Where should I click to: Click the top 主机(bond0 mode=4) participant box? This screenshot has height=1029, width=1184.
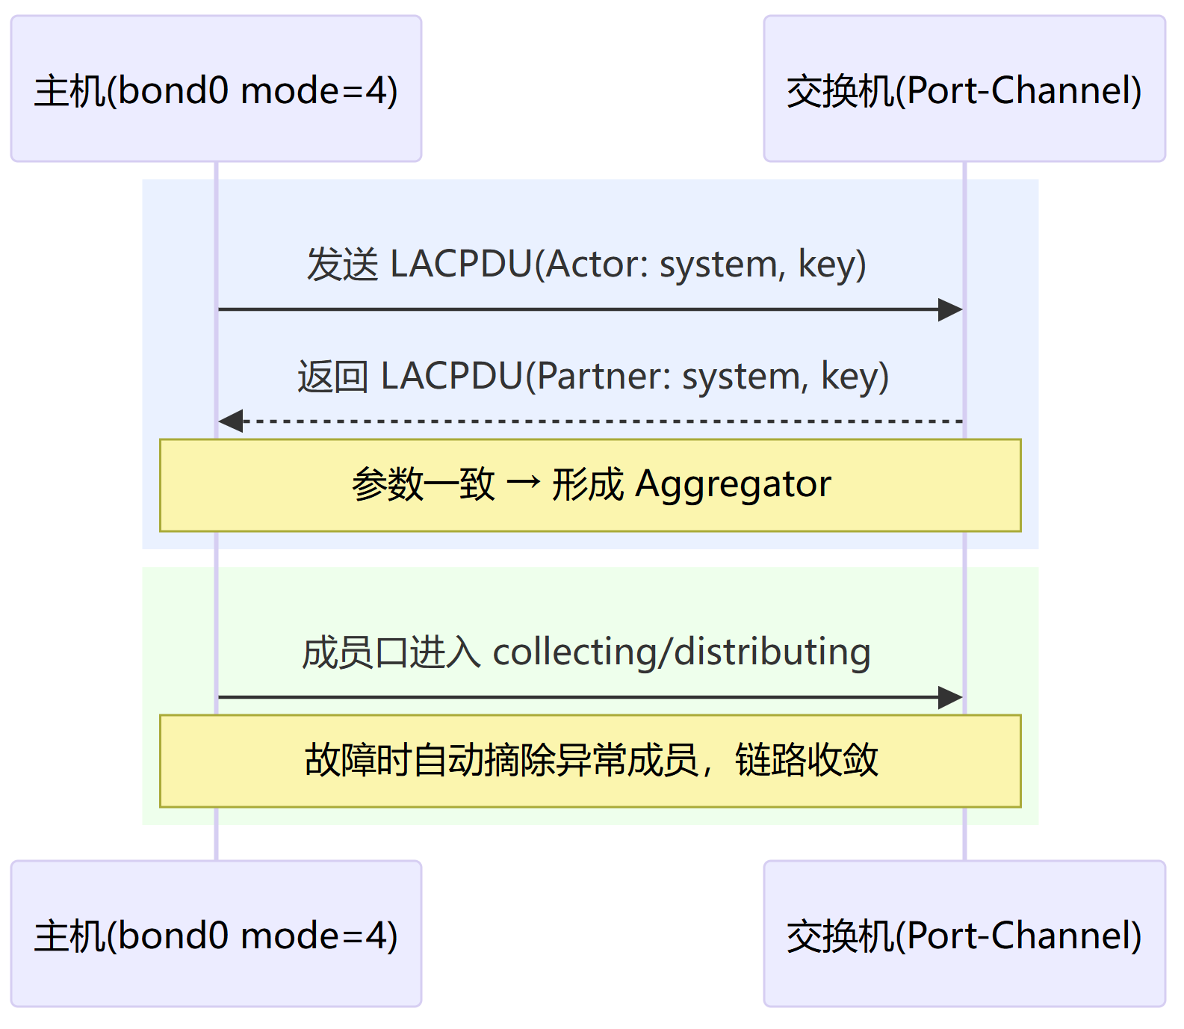(x=216, y=88)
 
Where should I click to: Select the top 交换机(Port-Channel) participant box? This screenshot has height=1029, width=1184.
(x=964, y=88)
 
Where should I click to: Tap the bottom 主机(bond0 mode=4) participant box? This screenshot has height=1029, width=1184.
(x=216, y=933)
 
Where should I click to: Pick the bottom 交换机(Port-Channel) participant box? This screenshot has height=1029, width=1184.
(x=964, y=933)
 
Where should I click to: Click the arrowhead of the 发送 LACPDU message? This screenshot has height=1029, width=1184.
(x=951, y=309)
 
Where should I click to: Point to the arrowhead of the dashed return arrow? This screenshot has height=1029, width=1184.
(x=230, y=421)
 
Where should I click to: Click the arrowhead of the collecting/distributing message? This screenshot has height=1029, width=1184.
(x=951, y=698)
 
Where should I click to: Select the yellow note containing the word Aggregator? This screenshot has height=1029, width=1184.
(x=590, y=485)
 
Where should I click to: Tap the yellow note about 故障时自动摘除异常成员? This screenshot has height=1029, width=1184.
(x=590, y=761)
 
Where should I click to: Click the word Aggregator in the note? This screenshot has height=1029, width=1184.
(x=733, y=485)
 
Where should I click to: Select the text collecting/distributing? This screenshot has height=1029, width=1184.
(x=681, y=652)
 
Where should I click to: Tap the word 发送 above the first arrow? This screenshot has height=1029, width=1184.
(x=343, y=265)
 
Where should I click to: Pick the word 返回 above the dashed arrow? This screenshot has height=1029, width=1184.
(x=333, y=376)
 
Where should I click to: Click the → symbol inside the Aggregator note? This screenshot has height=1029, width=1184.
(x=523, y=483)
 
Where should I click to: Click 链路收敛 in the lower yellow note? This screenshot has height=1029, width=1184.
(x=807, y=761)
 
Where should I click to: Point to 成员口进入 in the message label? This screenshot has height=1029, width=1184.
(x=391, y=652)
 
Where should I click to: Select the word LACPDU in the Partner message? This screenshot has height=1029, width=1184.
(x=452, y=376)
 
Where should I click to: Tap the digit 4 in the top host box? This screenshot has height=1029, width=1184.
(x=376, y=90)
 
